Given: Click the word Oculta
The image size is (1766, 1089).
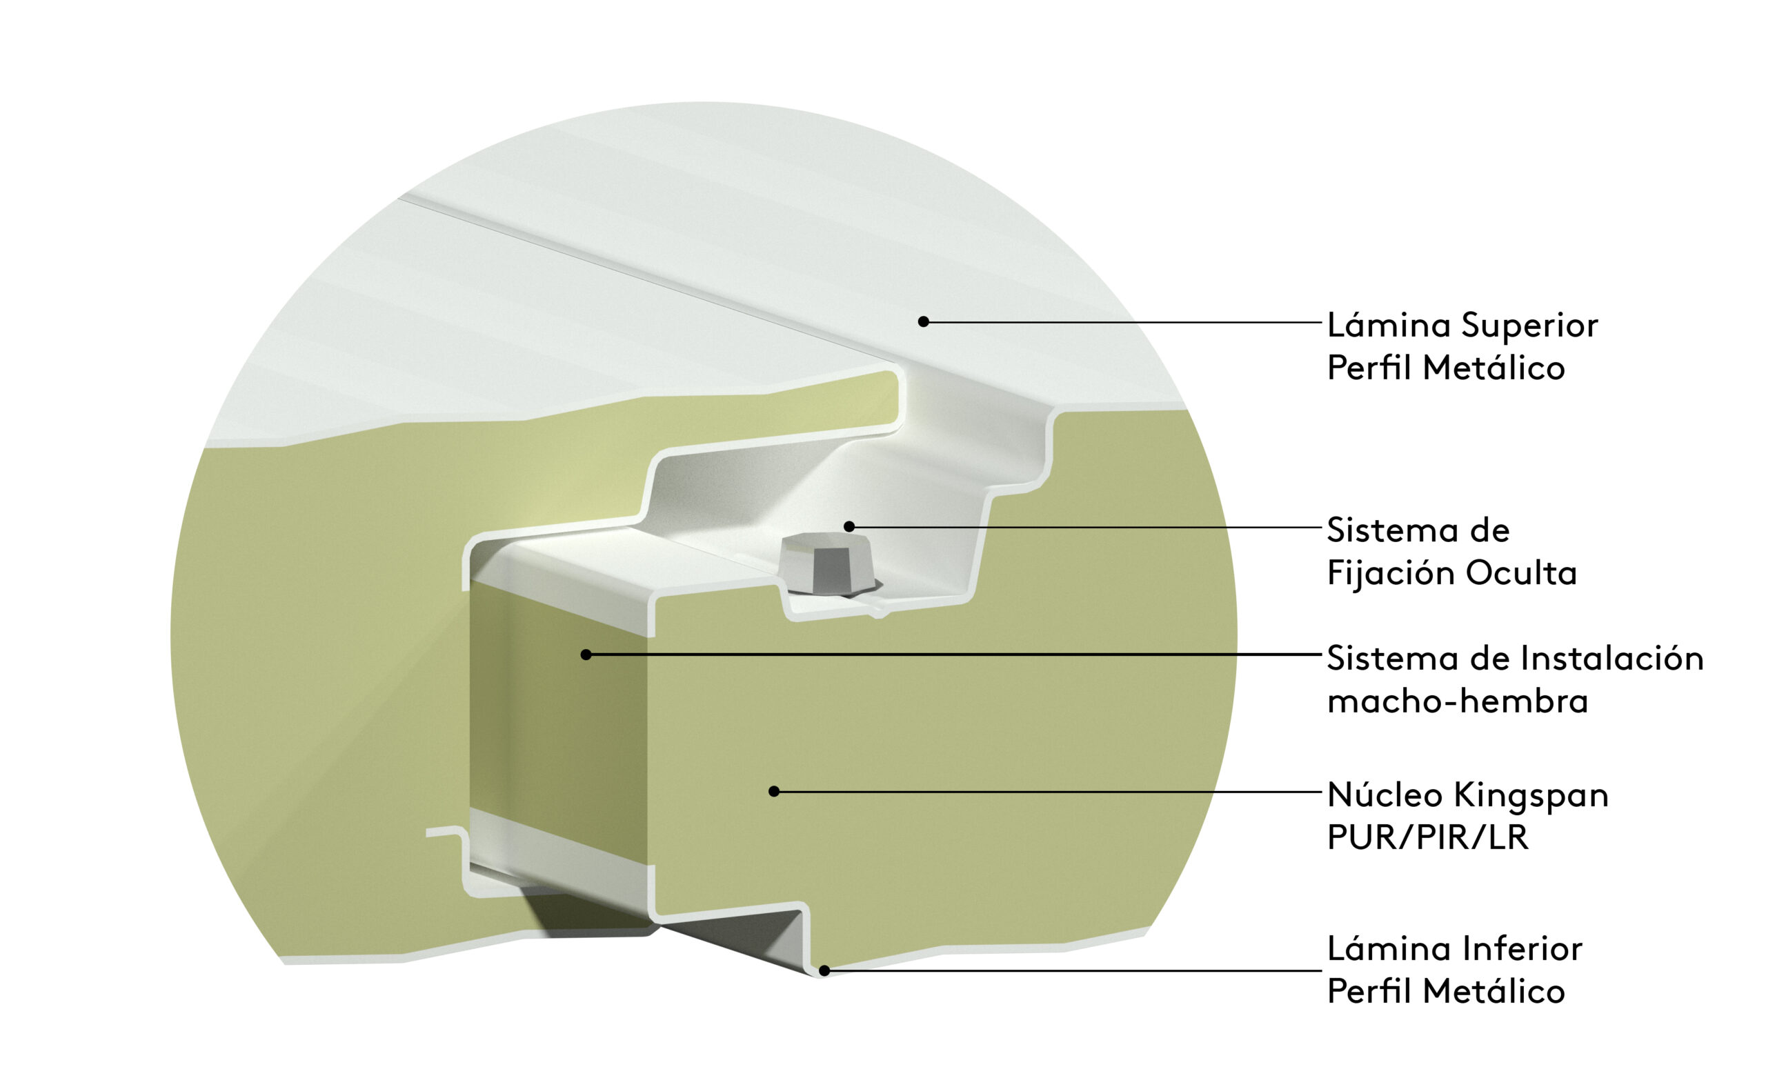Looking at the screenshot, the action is pyautogui.click(x=1521, y=573).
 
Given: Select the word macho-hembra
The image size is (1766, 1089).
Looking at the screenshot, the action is pyautogui.click(x=1457, y=700).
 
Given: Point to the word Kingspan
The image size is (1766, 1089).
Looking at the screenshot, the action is pyautogui.click(x=1531, y=796).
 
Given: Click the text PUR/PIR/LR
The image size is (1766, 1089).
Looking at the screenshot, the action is pyautogui.click(x=1427, y=837).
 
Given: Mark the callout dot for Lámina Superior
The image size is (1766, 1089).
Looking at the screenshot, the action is pyautogui.click(x=923, y=322).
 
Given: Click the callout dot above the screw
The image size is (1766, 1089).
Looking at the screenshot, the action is pyautogui.click(x=849, y=526).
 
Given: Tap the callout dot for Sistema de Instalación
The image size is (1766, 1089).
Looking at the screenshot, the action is pyautogui.click(x=586, y=655).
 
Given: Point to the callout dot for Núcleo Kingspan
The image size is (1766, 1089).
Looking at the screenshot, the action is pyautogui.click(x=774, y=792).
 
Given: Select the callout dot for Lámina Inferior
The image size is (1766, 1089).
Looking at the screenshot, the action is pyautogui.click(x=824, y=971).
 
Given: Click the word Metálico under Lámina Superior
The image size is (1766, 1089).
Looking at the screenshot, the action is pyautogui.click(x=1493, y=368).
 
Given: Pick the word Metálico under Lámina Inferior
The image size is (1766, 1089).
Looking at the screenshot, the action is pyautogui.click(x=1493, y=991).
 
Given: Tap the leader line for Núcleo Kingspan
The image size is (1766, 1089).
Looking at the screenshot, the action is pyautogui.click(x=1048, y=792).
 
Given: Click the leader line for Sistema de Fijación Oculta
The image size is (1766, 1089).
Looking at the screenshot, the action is pyautogui.click(x=1085, y=526).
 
